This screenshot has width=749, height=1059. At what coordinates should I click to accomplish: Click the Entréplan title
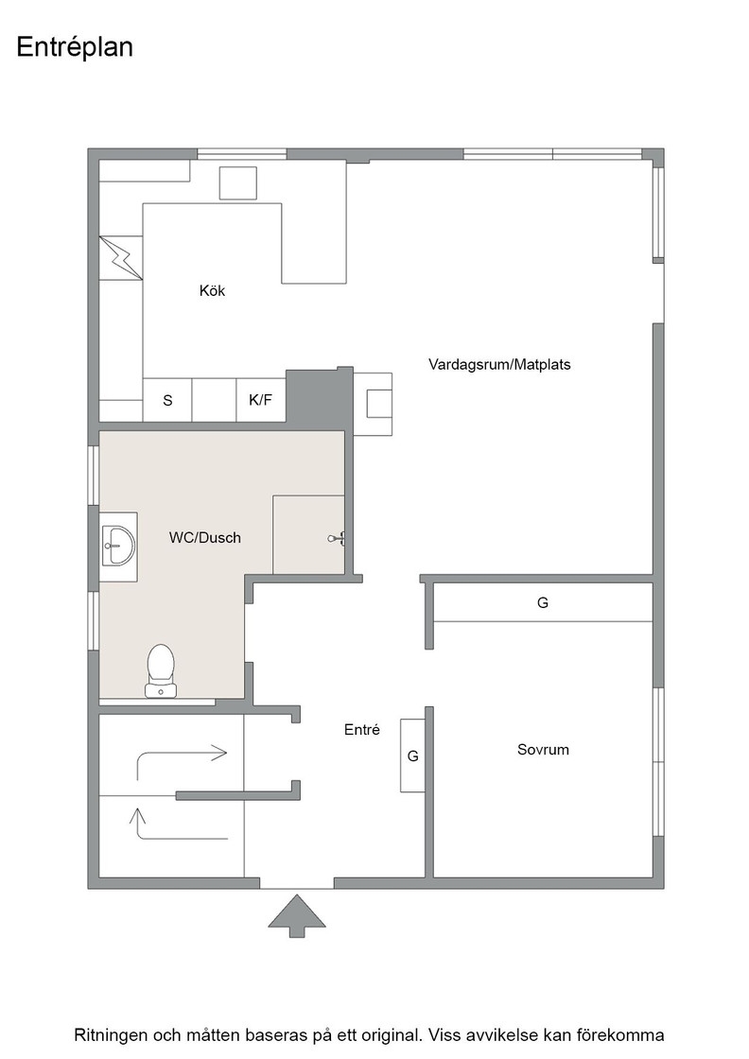tap(75, 48)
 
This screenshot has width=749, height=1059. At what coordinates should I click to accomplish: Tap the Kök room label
tap(212, 290)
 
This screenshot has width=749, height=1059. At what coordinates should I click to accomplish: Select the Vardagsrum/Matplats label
tap(499, 365)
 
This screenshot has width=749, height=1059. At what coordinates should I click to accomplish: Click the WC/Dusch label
tap(204, 538)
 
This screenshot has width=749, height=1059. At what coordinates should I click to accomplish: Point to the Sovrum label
tap(543, 750)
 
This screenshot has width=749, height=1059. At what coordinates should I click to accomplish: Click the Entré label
tap(362, 730)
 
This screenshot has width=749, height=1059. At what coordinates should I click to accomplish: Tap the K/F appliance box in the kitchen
tap(261, 400)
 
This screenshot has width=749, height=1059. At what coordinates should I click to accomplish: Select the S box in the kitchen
tap(167, 400)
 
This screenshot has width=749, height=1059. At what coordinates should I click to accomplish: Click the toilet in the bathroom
tap(161, 670)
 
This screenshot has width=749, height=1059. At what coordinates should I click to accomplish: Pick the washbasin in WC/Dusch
tap(119, 547)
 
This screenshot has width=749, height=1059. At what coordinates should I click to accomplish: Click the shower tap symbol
tap(337, 538)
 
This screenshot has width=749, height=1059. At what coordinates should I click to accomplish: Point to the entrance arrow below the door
tap(297, 916)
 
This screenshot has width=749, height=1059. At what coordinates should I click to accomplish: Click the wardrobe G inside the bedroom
tap(543, 602)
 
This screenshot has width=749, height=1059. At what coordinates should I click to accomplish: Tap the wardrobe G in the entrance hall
tap(412, 755)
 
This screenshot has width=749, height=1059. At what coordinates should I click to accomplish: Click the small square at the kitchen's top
tap(238, 183)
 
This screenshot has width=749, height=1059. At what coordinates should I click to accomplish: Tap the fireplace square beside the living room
tap(379, 404)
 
